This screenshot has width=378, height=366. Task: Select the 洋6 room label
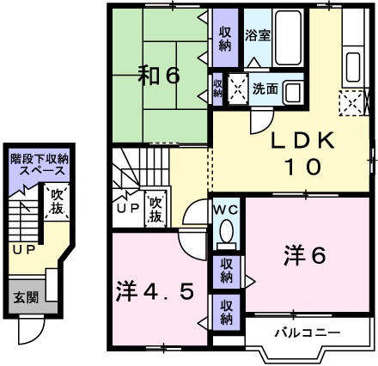305,255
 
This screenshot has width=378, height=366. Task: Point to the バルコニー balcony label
308,332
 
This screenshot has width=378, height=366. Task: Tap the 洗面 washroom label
263,88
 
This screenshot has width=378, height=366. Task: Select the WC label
226,209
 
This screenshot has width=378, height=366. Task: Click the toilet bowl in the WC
226,233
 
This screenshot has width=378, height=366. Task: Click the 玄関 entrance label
25,298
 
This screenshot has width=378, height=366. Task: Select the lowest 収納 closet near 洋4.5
225,311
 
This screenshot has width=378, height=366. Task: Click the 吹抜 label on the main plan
155,208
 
